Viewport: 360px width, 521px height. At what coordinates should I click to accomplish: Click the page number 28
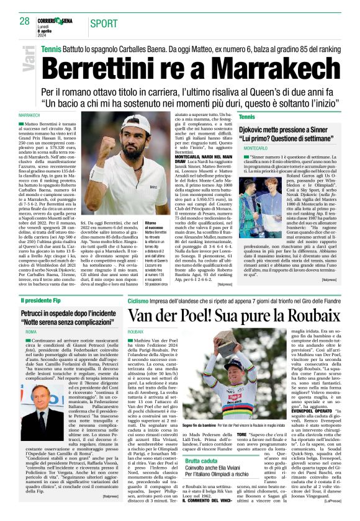click(24, 22)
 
